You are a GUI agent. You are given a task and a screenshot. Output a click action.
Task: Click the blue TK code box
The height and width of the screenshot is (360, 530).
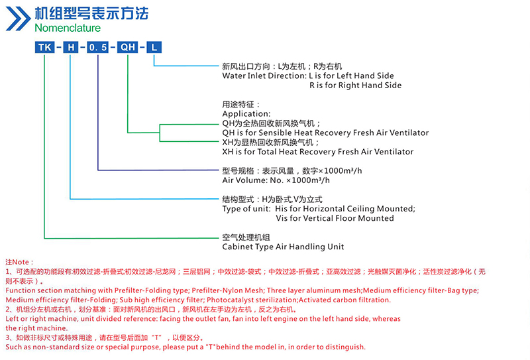[x=44, y=47]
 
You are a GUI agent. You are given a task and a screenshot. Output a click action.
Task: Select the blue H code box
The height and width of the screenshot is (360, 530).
[x=71, y=47]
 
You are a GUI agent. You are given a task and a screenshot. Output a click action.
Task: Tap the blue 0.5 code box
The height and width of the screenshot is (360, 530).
[x=97, y=47]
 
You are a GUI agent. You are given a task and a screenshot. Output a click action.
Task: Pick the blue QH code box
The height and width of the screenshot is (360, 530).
[x=127, y=47]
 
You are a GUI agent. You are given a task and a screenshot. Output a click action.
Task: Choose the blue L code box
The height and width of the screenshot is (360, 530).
[x=154, y=47]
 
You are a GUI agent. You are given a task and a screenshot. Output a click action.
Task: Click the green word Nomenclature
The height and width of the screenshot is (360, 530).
[x=68, y=28]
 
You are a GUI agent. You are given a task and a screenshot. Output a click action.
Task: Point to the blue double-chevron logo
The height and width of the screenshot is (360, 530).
[x=19, y=19]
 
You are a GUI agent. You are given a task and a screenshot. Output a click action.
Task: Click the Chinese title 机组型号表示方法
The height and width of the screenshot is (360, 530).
[x=91, y=13]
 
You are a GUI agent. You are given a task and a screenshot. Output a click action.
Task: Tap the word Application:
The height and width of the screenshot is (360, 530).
[x=246, y=113]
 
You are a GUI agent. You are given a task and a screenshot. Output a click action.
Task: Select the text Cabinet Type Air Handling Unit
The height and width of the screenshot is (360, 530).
[x=284, y=247]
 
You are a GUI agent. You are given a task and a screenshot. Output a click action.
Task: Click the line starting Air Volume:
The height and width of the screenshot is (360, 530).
[x=276, y=180]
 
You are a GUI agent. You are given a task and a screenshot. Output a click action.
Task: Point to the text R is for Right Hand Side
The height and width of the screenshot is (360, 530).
[x=356, y=86]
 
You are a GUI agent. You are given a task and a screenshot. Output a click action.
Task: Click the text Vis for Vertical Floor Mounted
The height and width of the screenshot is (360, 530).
[x=335, y=218]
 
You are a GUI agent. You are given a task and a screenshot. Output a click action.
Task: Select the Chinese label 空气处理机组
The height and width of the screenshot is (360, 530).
[x=246, y=237]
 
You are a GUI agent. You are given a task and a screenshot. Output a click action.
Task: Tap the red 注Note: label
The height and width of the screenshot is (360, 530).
[x=20, y=263]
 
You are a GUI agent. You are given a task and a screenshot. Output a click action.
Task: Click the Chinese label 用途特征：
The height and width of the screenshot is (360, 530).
[x=241, y=104]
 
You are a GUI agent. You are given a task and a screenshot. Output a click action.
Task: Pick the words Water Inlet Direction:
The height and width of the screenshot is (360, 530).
[x=264, y=76]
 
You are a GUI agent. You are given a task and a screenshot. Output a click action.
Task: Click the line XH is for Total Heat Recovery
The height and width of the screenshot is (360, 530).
[x=318, y=152]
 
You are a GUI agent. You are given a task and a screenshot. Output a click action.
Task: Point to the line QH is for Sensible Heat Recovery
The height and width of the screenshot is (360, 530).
[x=325, y=133]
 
